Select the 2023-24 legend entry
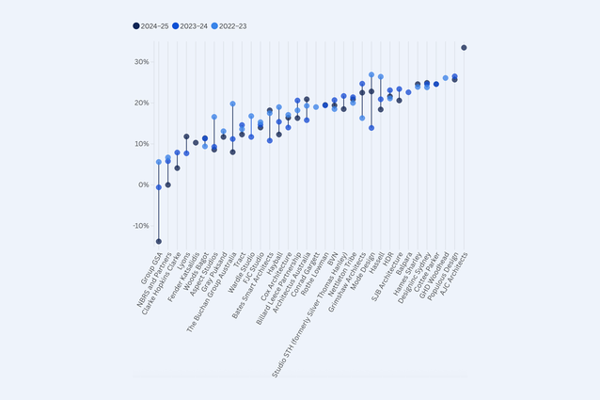[198, 26]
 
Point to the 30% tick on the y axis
[141, 62]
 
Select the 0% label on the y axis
[143, 185]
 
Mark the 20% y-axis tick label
[141, 104]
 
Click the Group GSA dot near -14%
[159, 242]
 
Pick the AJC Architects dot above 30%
[464, 47]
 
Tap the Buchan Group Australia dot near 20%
[232, 104]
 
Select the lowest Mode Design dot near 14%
[371, 128]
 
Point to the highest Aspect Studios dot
[214, 118]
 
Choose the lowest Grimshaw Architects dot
[362, 118]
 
